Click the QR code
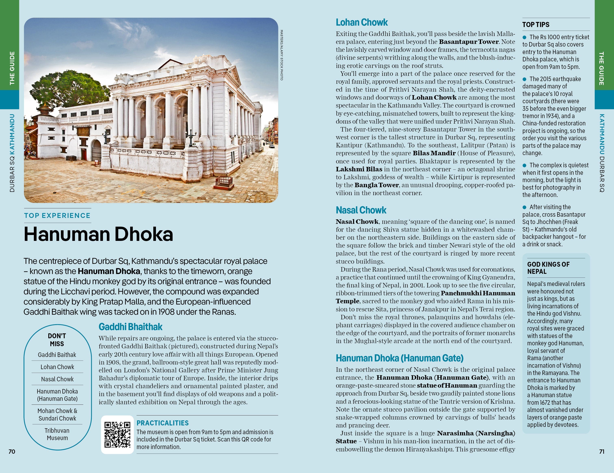(117, 434)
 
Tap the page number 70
(12, 452)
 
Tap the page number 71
(602, 452)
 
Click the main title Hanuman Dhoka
(98, 234)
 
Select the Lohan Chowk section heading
(362, 23)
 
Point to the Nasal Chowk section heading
(361, 210)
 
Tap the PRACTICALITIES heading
(162, 423)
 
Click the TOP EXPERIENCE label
(57, 215)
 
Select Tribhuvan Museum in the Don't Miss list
(57, 434)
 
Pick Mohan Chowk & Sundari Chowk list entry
(57, 414)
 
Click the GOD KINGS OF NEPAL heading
(548, 268)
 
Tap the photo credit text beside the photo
(282, 55)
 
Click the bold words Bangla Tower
(376, 185)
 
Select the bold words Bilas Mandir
(434, 153)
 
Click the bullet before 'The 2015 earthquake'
(524, 79)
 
